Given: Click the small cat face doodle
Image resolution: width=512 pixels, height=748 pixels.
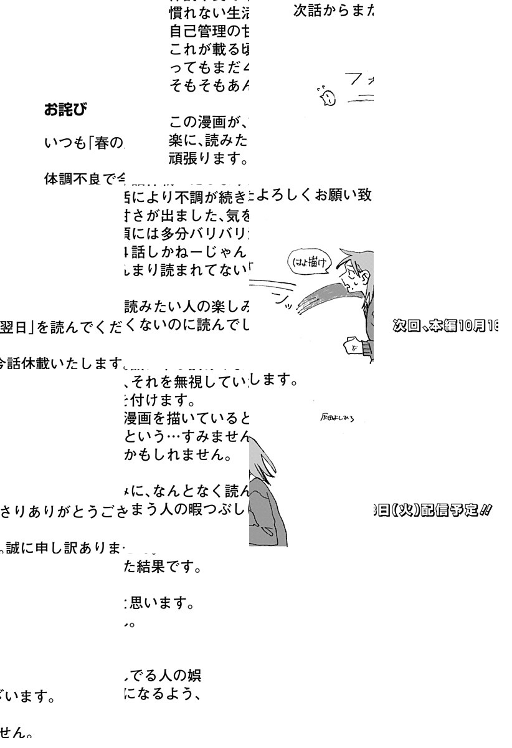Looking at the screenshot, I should click(325, 95).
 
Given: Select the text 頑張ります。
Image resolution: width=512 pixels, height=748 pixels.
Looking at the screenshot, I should click(209, 161).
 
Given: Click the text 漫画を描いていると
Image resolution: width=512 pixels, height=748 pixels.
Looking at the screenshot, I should click(187, 416).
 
